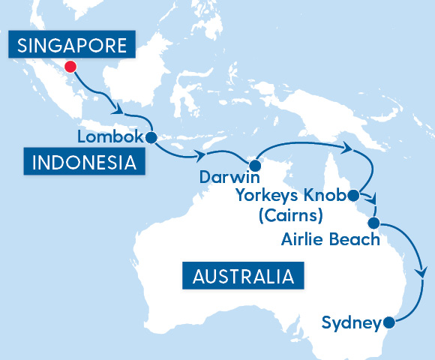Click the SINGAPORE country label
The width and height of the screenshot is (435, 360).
(71, 46)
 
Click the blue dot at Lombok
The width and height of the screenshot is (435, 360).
(151, 137)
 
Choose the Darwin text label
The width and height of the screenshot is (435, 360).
(229, 179)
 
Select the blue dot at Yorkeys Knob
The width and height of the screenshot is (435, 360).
(351, 196)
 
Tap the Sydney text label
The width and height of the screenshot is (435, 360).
(350, 323)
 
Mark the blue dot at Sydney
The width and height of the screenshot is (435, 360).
(388, 323)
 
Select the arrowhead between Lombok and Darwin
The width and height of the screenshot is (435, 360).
(200, 156)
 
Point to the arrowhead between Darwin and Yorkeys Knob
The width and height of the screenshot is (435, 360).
(347, 148)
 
